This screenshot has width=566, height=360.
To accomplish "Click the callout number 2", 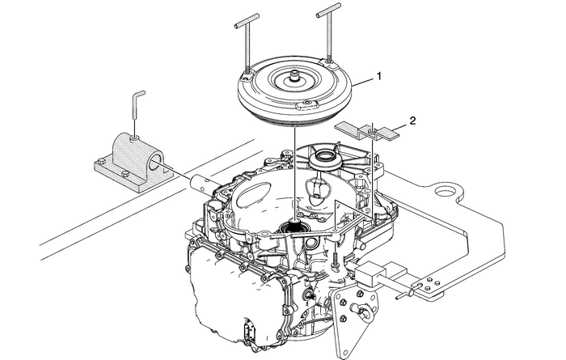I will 412,121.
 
